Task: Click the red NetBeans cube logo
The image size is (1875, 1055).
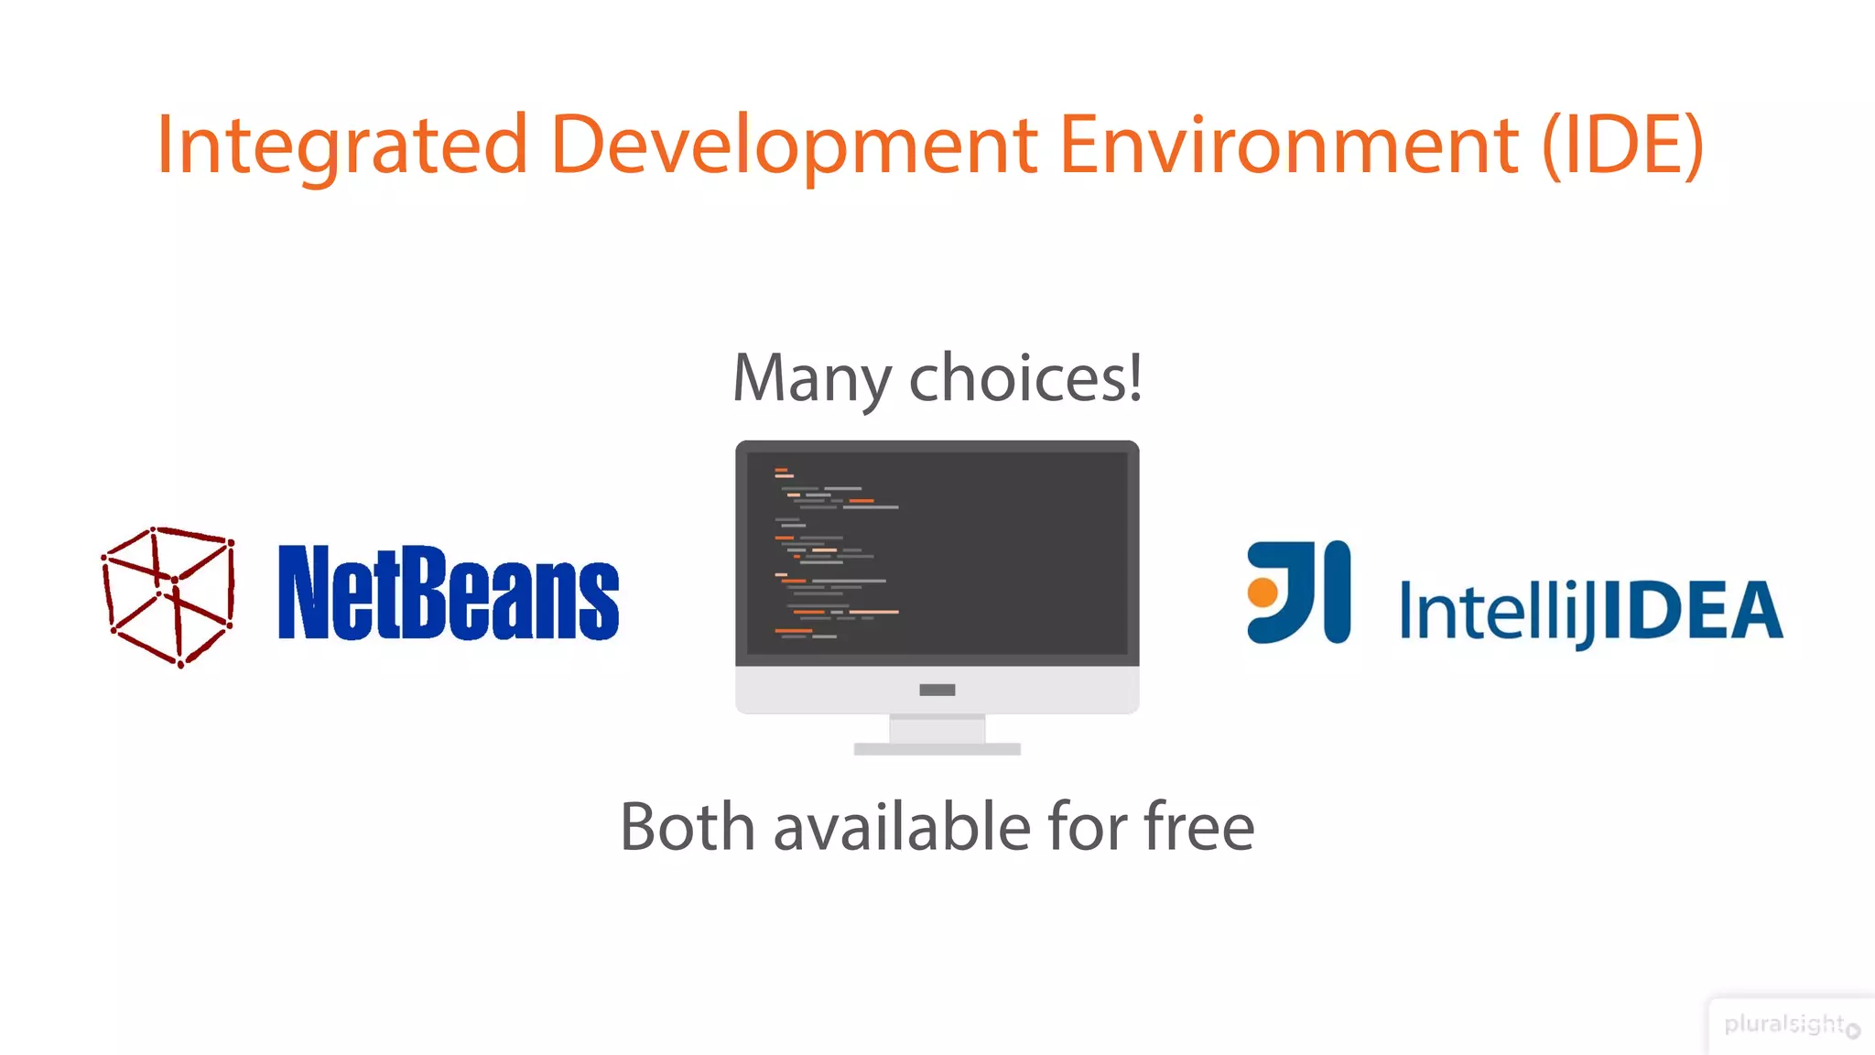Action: pyautogui.click(x=168, y=596)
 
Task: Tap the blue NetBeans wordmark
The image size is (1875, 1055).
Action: pyautogui.click(x=448, y=593)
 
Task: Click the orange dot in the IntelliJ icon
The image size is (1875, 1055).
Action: pyautogui.click(x=1263, y=593)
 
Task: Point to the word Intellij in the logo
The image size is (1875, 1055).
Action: pyautogui.click(x=1497, y=612)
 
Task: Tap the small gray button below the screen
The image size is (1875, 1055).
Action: pyautogui.click(x=937, y=690)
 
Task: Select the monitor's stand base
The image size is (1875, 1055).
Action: pyautogui.click(x=937, y=749)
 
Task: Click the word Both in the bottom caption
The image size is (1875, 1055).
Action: pyautogui.click(x=688, y=827)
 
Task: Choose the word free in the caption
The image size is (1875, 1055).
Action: pyautogui.click(x=1198, y=827)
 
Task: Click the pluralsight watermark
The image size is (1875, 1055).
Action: pyautogui.click(x=1783, y=1024)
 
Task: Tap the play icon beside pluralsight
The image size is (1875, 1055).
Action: pyautogui.click(x=1853, y=1030)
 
